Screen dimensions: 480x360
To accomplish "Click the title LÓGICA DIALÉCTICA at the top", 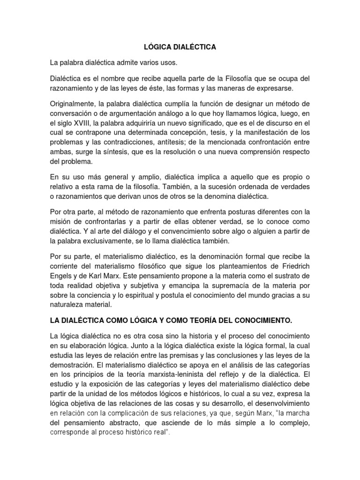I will [180, 47].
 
